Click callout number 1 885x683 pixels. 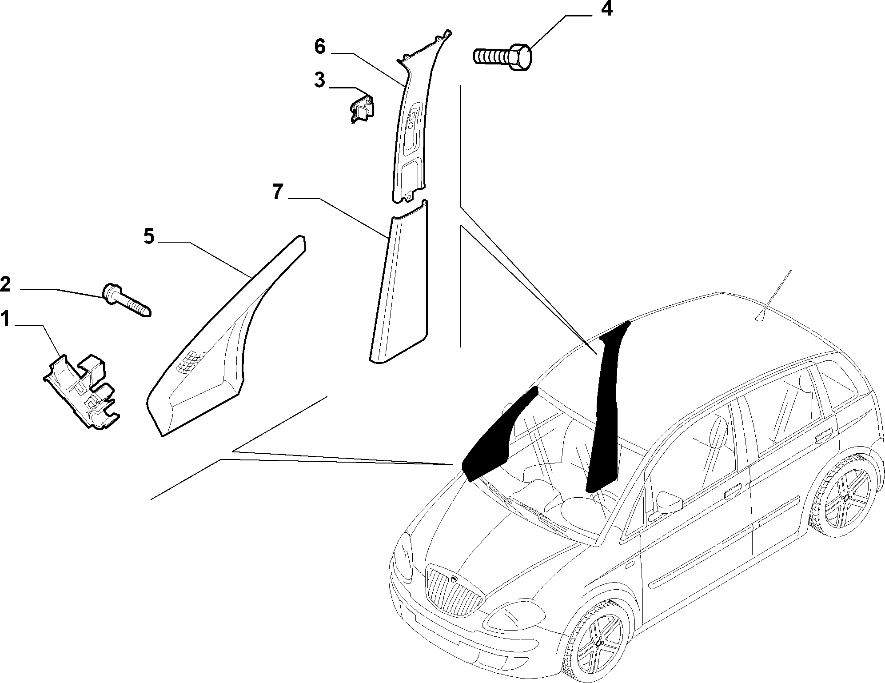point(5,319)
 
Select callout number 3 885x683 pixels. point(319,81)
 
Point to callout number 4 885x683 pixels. point(606,9)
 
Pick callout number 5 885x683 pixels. point(149,236)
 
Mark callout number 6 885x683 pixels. point(320,47)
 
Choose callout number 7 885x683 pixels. point(277,192)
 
